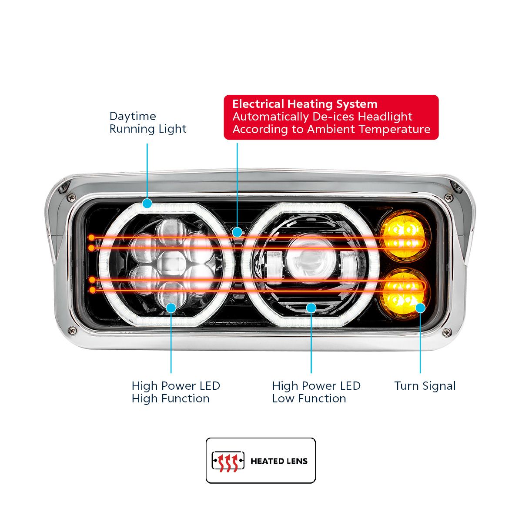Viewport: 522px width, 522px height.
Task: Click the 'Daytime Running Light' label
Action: click(x=147, y=123)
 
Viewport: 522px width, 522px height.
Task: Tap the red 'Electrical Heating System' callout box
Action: click(x=331, y=117)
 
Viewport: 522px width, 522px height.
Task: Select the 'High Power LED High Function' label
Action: click(x=176, y=392)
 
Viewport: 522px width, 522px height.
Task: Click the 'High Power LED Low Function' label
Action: click(x=316, y=392)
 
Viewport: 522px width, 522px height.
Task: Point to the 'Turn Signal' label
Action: click(x=425, y=386)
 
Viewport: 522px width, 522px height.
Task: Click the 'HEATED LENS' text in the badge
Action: click(x=279, y=461)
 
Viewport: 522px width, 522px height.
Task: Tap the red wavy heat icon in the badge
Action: click(x=228, y=461)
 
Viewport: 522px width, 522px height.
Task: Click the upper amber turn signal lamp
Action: click(x=403, y=235)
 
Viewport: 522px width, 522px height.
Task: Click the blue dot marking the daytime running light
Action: click(x=147, y=203)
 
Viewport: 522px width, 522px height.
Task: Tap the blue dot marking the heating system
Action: click(x=237, y=232)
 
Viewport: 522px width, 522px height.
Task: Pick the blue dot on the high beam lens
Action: click(x=171, y=308)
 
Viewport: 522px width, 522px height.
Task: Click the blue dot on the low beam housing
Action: click(x=311, y=308)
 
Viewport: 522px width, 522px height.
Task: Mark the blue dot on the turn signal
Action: click(x=420, y=308)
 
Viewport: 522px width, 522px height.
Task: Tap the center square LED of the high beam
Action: click(x=171, y=264)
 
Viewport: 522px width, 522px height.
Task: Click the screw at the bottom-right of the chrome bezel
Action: click(x=446, y=333)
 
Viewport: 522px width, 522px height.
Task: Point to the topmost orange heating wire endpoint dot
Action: click(x=91, y=238)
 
